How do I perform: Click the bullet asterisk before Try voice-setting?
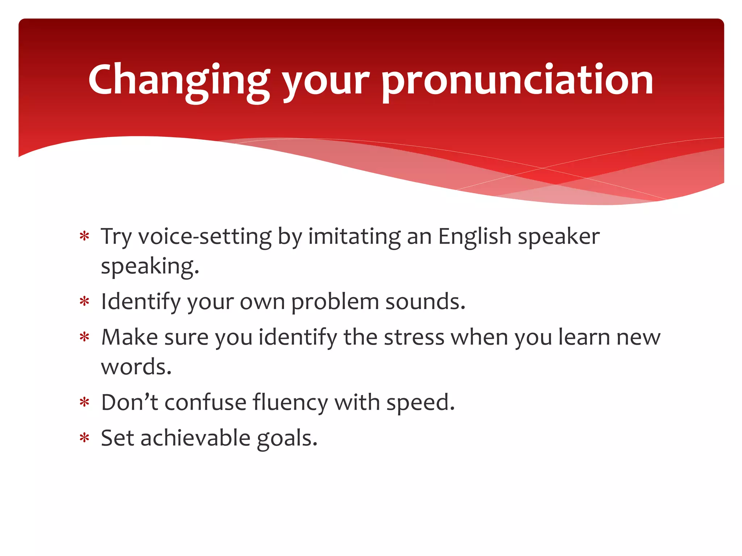pos(84,237)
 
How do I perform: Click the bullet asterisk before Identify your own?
pos(84,302)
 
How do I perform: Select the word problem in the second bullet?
pos(335,302)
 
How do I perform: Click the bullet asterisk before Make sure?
pos(84,337)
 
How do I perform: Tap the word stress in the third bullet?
pos(414,337)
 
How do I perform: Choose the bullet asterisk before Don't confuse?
pos(84,403)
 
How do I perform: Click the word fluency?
pos(290,403)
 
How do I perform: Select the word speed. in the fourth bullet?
pos(420,403)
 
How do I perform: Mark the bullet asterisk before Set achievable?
pos(84,438)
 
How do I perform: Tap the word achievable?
pos(195,438)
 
